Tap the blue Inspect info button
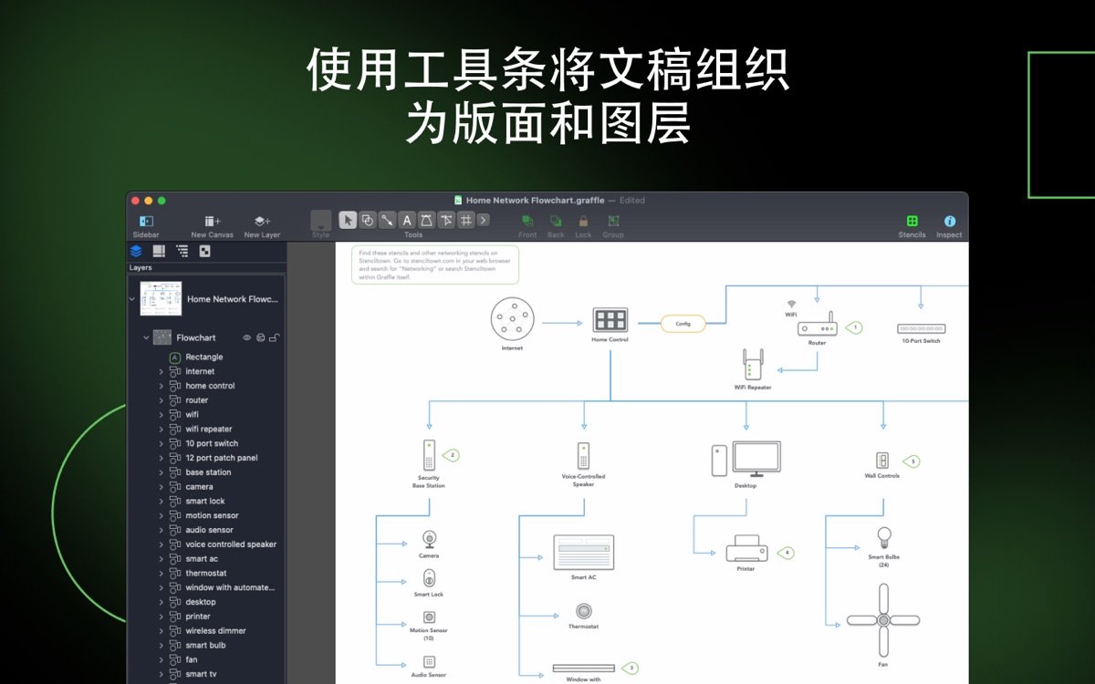(949, 222)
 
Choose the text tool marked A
(407, 220)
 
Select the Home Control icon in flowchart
(610, 320)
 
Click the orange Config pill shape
(683, 324)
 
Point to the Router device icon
(817, 327)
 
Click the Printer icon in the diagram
(746, 549)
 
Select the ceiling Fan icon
(882, 620)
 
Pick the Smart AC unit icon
(583, 553)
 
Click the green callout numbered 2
(451, 454)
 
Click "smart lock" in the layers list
(205, 502)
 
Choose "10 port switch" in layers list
(212, 443)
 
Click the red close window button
(135, 201)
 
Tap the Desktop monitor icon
(756, 459)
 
